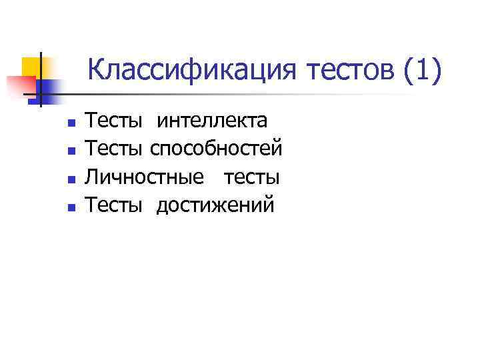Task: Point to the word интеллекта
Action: click(x=212, y=121)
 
